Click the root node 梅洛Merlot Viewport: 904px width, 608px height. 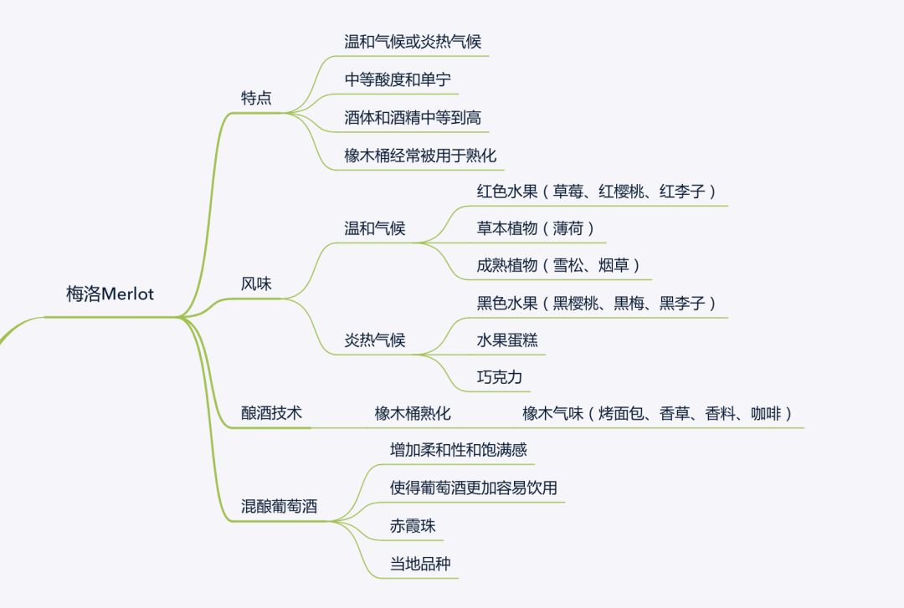[110, 294]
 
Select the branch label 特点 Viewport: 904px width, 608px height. [256, 98]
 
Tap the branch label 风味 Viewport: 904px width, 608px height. [256, 284]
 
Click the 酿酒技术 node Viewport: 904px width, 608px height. [271, 413]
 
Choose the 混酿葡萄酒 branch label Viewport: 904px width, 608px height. [279, 507]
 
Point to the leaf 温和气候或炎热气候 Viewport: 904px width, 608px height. [413, 41]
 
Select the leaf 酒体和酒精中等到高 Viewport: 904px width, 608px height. [413, 118]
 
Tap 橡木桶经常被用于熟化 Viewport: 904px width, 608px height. [420, 156]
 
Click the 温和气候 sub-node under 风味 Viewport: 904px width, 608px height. [374, 228]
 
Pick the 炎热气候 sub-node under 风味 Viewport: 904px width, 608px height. [374, 340]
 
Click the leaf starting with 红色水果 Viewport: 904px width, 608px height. [597, 191]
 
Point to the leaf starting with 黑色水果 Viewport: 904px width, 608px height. [597, 303]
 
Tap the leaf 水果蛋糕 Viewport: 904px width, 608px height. [507, 340]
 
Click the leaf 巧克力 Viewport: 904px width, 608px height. [500, 377]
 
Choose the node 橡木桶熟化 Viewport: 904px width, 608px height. [413, 413]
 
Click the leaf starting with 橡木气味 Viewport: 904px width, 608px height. [657, 413]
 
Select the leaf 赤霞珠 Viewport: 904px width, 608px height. [413, 526]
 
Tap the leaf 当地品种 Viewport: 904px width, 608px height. [420, 564]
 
